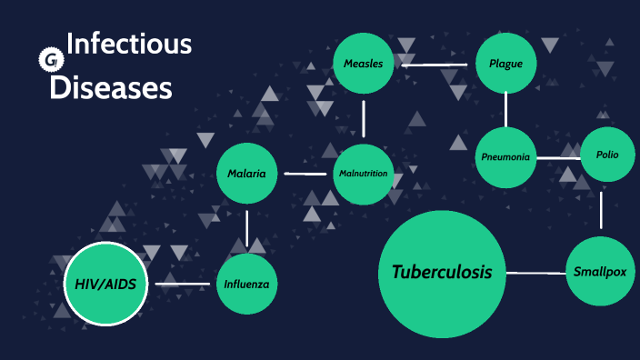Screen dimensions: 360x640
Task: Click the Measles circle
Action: (364, 64)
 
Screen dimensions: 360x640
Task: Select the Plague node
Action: (506, 64)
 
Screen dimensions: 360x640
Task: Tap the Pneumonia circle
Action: (505, 157)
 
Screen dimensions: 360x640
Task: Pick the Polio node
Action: (607, 155)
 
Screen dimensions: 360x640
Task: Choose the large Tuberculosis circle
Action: (442, 272)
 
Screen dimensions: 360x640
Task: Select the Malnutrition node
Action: (364, 174)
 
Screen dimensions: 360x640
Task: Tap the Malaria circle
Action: (246, 173)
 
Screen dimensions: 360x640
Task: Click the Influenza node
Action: (246, 284)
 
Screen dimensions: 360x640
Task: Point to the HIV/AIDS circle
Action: (105, 285)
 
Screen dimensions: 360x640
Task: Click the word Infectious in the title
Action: (129, 44)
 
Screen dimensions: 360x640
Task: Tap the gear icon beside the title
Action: (47, 60)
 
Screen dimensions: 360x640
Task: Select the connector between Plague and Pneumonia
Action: (506, 110)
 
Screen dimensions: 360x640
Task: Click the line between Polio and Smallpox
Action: (602, 209)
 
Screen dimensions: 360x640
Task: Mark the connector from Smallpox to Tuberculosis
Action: (537, 272)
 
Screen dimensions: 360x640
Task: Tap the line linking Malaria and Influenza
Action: (246, 227)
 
